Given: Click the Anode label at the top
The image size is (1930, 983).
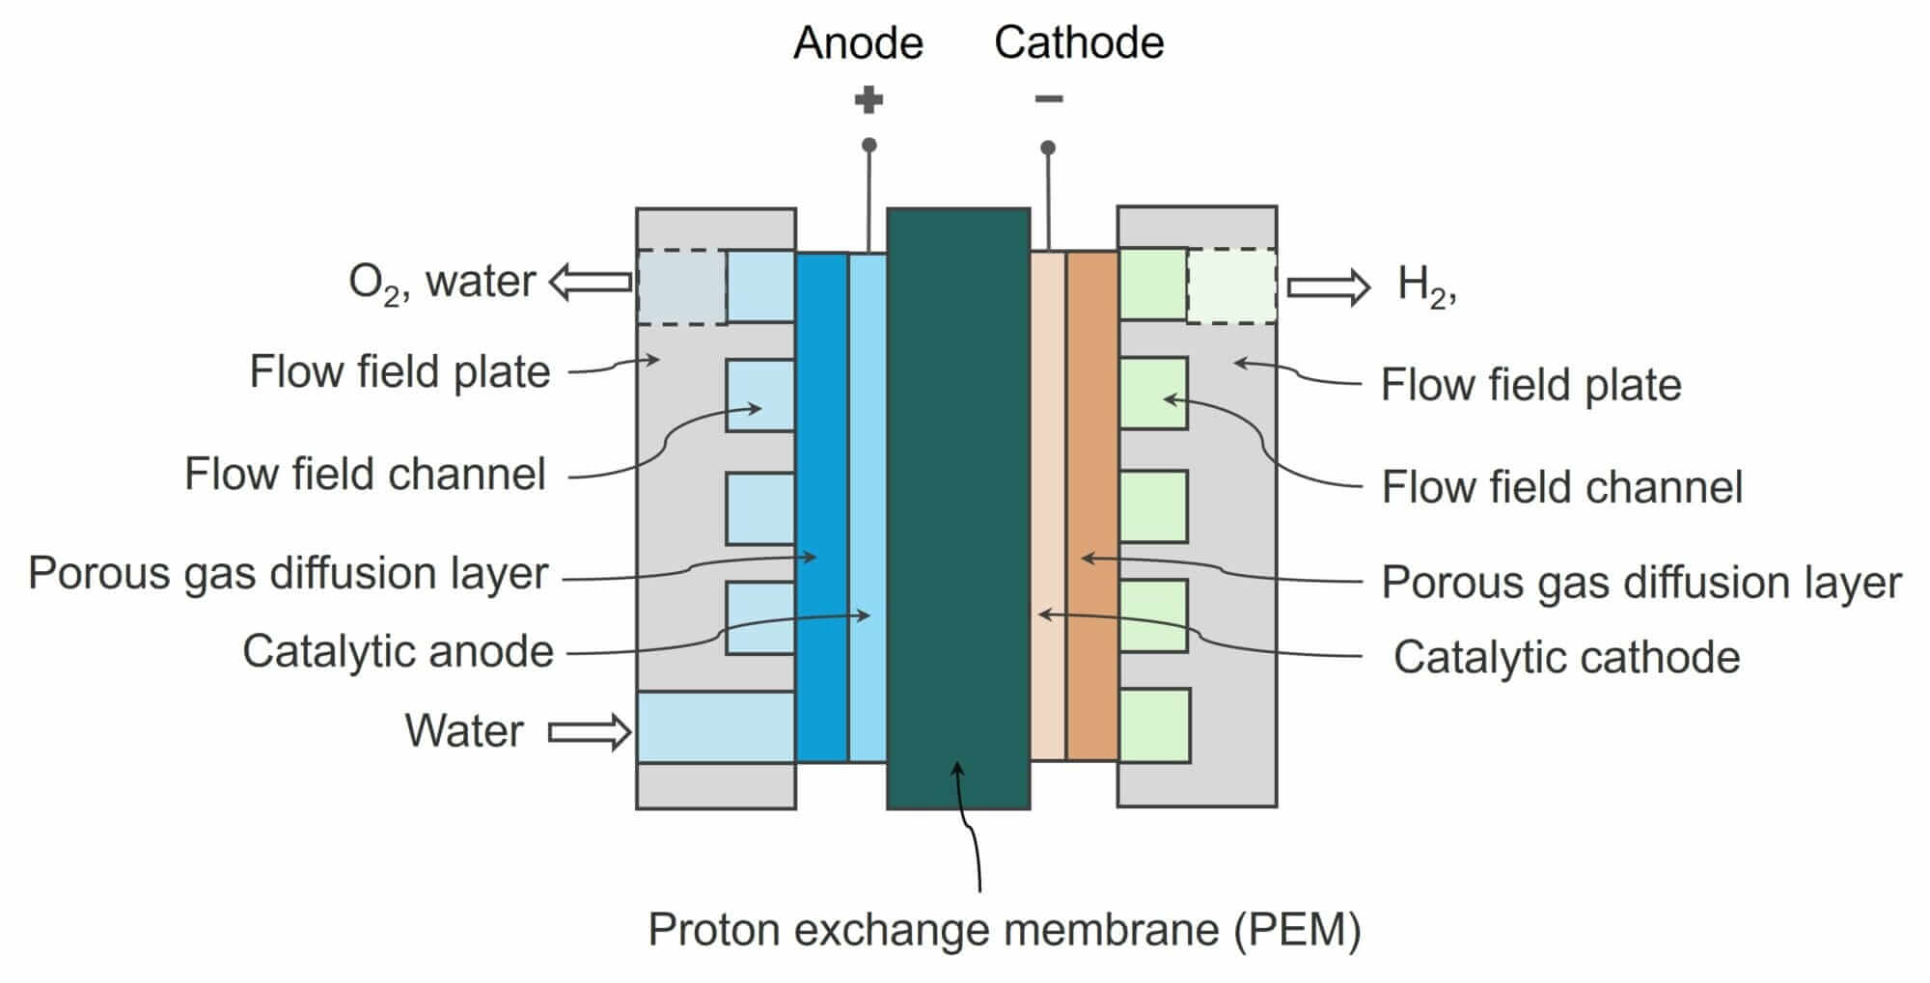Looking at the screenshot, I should click(x=858, y=43).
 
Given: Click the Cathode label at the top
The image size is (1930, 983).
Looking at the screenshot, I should click(x=1079, y=43).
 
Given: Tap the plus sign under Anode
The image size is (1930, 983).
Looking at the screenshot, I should click(x=868, y=99).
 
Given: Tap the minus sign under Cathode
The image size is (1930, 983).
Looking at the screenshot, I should click(x=1049, y=98).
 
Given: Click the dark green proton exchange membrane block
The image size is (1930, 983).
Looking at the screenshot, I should click(x=958, y=482).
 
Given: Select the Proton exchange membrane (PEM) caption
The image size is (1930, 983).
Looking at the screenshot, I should click(x=1004, y=930).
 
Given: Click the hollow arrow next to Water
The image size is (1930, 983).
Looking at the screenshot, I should click(x=590, y=732).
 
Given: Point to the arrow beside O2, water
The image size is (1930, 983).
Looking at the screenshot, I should click(x=590, y=283).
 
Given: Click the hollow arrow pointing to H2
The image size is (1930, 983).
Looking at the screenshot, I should click(x=1329, y=287).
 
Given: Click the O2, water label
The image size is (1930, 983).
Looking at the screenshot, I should click(x=441, y=283).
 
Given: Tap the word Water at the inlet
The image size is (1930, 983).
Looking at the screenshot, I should click(x=463, y=730).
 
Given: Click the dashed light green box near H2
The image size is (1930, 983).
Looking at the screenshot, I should click(x=1230, y=287).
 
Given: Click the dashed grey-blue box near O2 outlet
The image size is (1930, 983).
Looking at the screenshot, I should click(x=681, y=287).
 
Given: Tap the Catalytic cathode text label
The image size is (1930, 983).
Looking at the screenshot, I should click(x=1565, y=658).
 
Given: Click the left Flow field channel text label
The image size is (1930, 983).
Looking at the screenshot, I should click(x=365, y=475).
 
